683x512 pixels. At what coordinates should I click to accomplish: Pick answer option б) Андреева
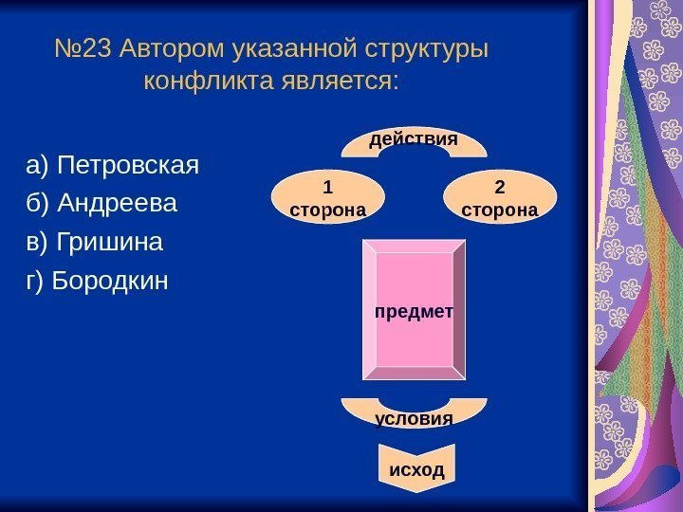102,205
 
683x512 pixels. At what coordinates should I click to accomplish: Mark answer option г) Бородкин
97,281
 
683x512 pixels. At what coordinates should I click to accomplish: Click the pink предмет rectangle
414,310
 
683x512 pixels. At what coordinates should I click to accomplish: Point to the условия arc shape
414,414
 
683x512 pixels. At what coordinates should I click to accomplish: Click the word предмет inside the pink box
414,311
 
